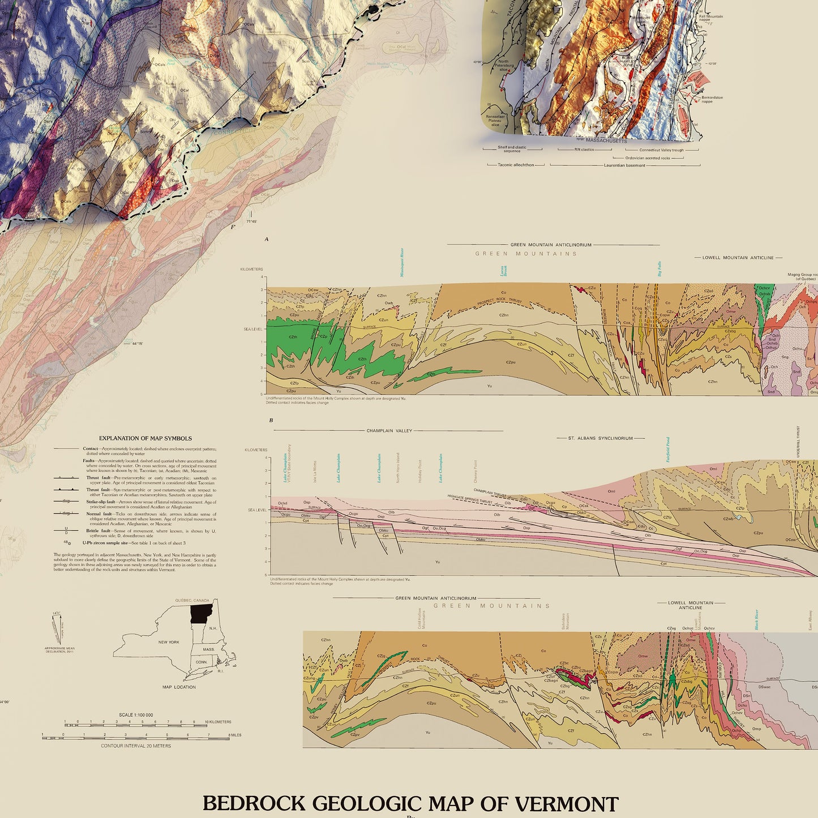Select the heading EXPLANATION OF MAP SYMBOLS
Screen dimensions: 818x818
(x=145, y=438)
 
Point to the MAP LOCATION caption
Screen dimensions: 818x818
(x=179, y=687)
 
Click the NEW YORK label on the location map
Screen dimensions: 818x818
(x=169, y=642)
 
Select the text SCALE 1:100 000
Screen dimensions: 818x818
(x=136, y=715)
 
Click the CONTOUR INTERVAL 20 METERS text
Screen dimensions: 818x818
(x=136, y=746)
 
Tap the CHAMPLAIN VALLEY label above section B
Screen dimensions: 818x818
(x=389, y=431)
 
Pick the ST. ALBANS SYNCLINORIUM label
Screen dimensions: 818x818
(x=601, y=438)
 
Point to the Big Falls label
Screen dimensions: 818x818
(x=659, y=269)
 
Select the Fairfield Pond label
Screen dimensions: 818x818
(x=668, y=449)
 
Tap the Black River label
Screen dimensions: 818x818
(x=756, y=620)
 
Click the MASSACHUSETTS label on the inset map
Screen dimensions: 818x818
(x=606, y=140)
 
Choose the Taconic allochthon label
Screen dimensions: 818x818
(x=516, y=165)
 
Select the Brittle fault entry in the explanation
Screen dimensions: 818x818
(x=98, y=531)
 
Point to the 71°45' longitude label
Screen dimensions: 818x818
(x=252, y=221)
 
